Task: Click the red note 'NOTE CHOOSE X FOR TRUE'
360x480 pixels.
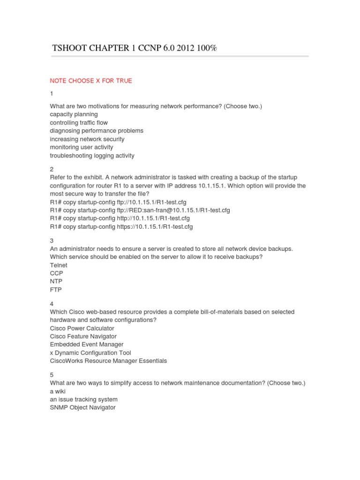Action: click(91, 81)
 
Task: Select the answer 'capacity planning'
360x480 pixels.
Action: click(74, 114)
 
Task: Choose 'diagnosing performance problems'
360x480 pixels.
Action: click(97, 131)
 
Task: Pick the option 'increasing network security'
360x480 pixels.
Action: click(87, 139)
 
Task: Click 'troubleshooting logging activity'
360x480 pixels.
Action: click(92, 156)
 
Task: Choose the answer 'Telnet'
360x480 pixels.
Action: click(59, 265)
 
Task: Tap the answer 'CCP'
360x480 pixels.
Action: click(56, 273)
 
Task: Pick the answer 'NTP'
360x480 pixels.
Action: click(56, 282)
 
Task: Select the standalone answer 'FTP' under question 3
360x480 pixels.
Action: click(56, 290)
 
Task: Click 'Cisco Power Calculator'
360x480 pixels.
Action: click(82, 328)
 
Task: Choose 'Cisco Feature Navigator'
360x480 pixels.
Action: click(83, 337)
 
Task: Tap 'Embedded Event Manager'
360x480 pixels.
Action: click(87, 345)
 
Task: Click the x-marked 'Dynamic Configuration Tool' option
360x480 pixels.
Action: click(90, 353)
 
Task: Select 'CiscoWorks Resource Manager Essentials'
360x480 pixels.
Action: click(108, 361)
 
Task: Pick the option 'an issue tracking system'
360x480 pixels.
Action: click(84, 399)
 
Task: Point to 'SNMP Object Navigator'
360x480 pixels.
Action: click(82, 408)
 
